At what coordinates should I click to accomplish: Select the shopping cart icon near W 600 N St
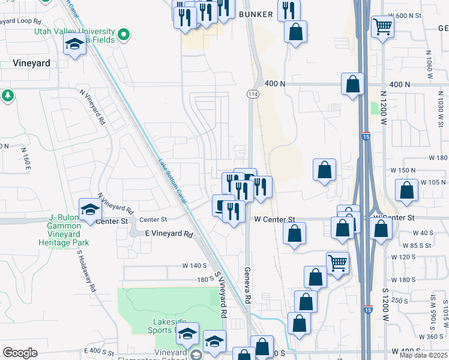click(382, 27)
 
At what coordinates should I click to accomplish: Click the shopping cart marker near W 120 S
click(337, 263)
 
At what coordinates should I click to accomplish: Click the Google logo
click(20, 353)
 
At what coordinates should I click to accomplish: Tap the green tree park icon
click(7, 96)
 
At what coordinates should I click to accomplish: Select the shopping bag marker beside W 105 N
click(407, 191)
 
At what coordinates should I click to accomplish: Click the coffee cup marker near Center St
click(221, 206)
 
